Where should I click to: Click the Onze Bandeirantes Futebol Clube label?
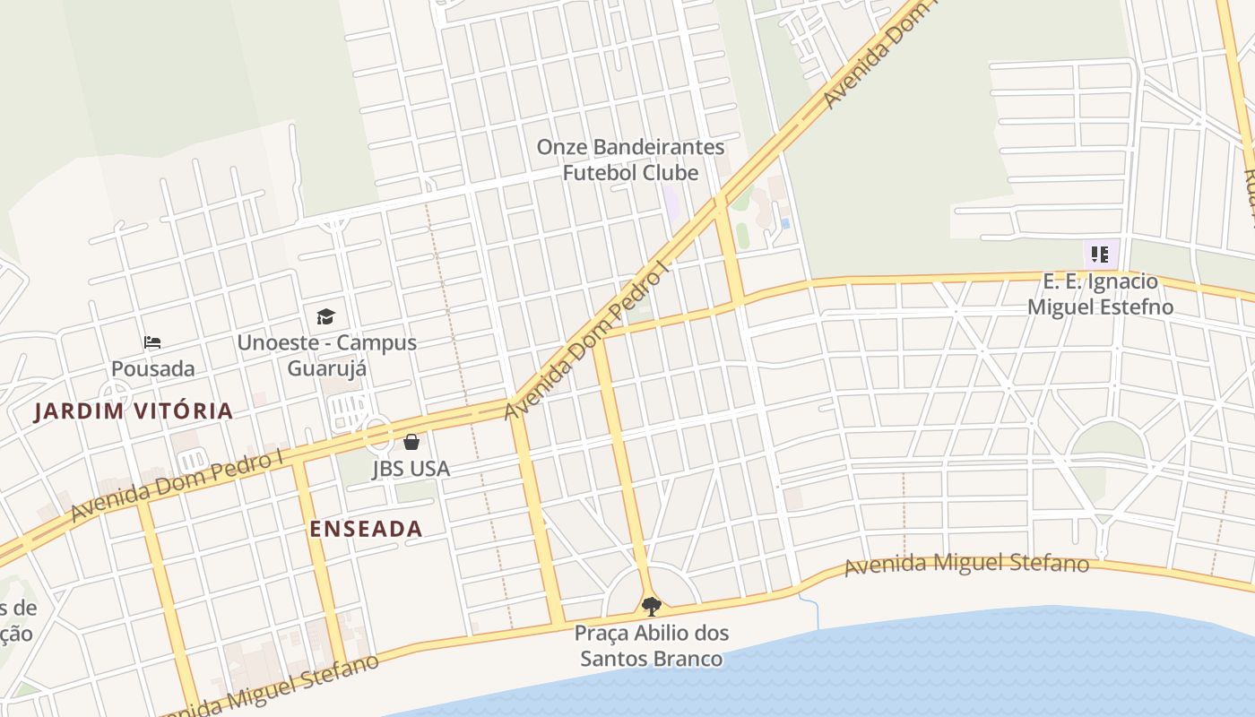coord(630,160)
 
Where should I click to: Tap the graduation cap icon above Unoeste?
coord(325,316)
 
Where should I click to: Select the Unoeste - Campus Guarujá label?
coord(327,355)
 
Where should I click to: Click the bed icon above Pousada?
coord(152,342)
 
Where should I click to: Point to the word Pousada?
coord(152,368)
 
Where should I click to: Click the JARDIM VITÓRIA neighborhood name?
coord(134,411)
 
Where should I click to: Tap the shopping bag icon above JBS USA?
coord(411,442)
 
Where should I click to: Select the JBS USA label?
coord(411,469)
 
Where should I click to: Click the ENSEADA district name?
coord(366,529)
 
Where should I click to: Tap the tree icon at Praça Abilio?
coord(652,607)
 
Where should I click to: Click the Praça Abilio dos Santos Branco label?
coord(652,645)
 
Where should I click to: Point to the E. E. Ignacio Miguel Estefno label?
coord(1100,294)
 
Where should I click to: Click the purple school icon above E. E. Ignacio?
coord(1100,254)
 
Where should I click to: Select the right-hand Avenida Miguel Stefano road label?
coord(966,565)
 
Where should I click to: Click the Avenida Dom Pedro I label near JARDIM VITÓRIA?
coord(177,487)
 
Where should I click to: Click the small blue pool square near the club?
coord(786,223)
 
